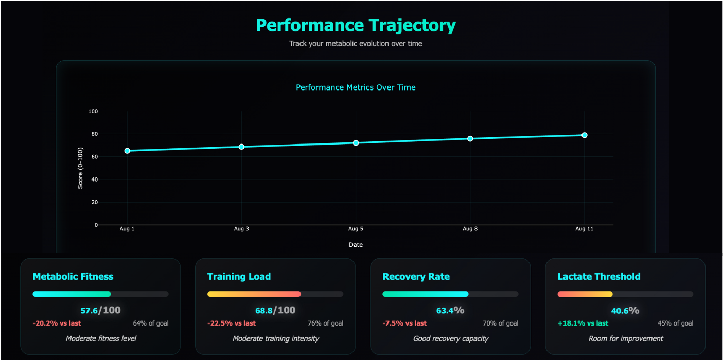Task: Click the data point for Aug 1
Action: click(x=127, y=151)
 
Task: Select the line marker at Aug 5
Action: click(x=356, y=142)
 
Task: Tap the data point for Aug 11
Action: click(x=585, y=135)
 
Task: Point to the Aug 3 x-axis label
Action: click(x=241, y=229)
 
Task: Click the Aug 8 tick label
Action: click(x=470, y=229)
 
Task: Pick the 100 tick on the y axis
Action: click(x=93, y=111)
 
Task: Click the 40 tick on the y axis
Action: click(x=95, y=179)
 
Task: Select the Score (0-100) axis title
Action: click(x=80, y=168)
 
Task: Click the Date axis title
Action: click(x=356, y=245)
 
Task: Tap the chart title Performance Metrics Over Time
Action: click(x=356, y=87)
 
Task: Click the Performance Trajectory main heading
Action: click(x=356, y=25)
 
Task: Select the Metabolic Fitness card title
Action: click(x=73, y=276)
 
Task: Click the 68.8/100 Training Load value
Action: click(x=275, y=310)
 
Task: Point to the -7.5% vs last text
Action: click(x=404, y=323)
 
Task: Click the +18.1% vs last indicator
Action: click(x=583, y=323)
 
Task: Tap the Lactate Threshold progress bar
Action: click(x=625, y=294)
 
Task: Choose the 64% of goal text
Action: click(x=151, y=323)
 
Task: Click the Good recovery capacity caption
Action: click(x=450, y=338)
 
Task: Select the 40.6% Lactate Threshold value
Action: click(x=625, y=310)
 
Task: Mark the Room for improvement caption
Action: click(x=625, y=338)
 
